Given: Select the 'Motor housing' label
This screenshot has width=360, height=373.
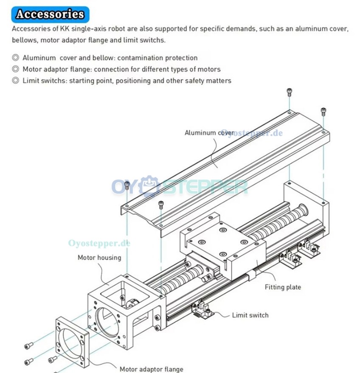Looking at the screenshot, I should click(x=99, y=257).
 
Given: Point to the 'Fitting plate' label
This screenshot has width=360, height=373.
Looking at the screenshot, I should click(x=283, y=287).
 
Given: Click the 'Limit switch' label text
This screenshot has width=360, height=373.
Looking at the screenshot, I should click(x=250, y=315).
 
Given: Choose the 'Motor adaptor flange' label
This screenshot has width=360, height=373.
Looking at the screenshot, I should click(x=151, y=369).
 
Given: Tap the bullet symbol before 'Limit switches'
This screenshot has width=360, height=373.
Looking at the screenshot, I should click(x=15, y=80).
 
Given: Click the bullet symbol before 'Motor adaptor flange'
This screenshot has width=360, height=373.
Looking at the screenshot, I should click(x=15, y=69).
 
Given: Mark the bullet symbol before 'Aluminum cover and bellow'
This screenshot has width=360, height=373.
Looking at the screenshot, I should click(x=15, y=57).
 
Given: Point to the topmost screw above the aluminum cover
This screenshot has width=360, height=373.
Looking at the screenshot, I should click(x=289, y=92).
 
